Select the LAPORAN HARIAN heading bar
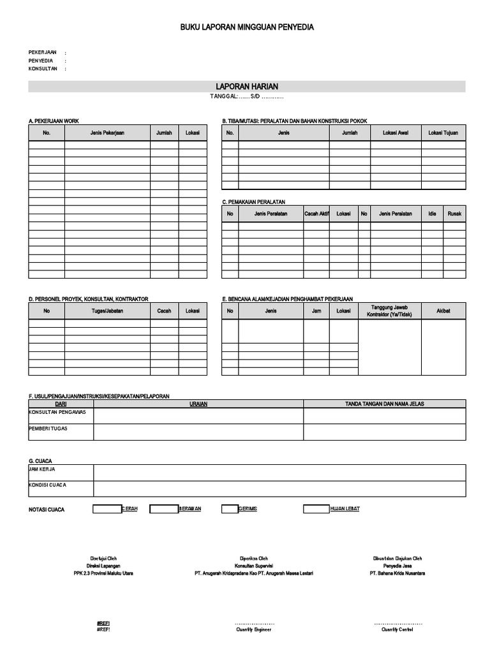(x=246, y=86)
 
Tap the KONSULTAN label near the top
(x=43, y=68)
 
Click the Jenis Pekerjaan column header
(x=107, y=133)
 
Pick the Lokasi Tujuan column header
(x=443, y=133)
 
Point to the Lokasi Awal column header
(x=396, y=133)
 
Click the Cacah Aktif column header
(x=316, y=214)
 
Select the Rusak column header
(x=454, y=214)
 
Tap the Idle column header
(x=432, y=214)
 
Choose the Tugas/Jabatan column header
(x=107, y=311)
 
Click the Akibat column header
(x=443, y=311)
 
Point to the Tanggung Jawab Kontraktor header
(x=389, y=311)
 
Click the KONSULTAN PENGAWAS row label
(x=57, y=412)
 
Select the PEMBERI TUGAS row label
(x=48, y=429)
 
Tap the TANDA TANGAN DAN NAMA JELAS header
(x=384, y=404)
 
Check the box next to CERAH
(x=107, y=509)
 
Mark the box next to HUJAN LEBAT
(x=316, y=509)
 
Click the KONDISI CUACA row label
(x=47, y=485)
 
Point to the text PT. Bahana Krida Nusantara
(x=397, y=573)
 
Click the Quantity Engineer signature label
(x=253, y=629)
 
